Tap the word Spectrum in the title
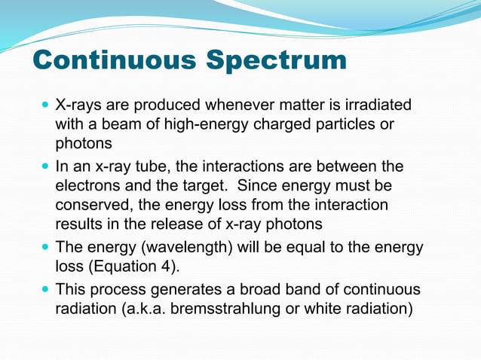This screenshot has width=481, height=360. tap(278, 61)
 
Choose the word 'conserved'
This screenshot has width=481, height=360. tap(90, 205)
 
